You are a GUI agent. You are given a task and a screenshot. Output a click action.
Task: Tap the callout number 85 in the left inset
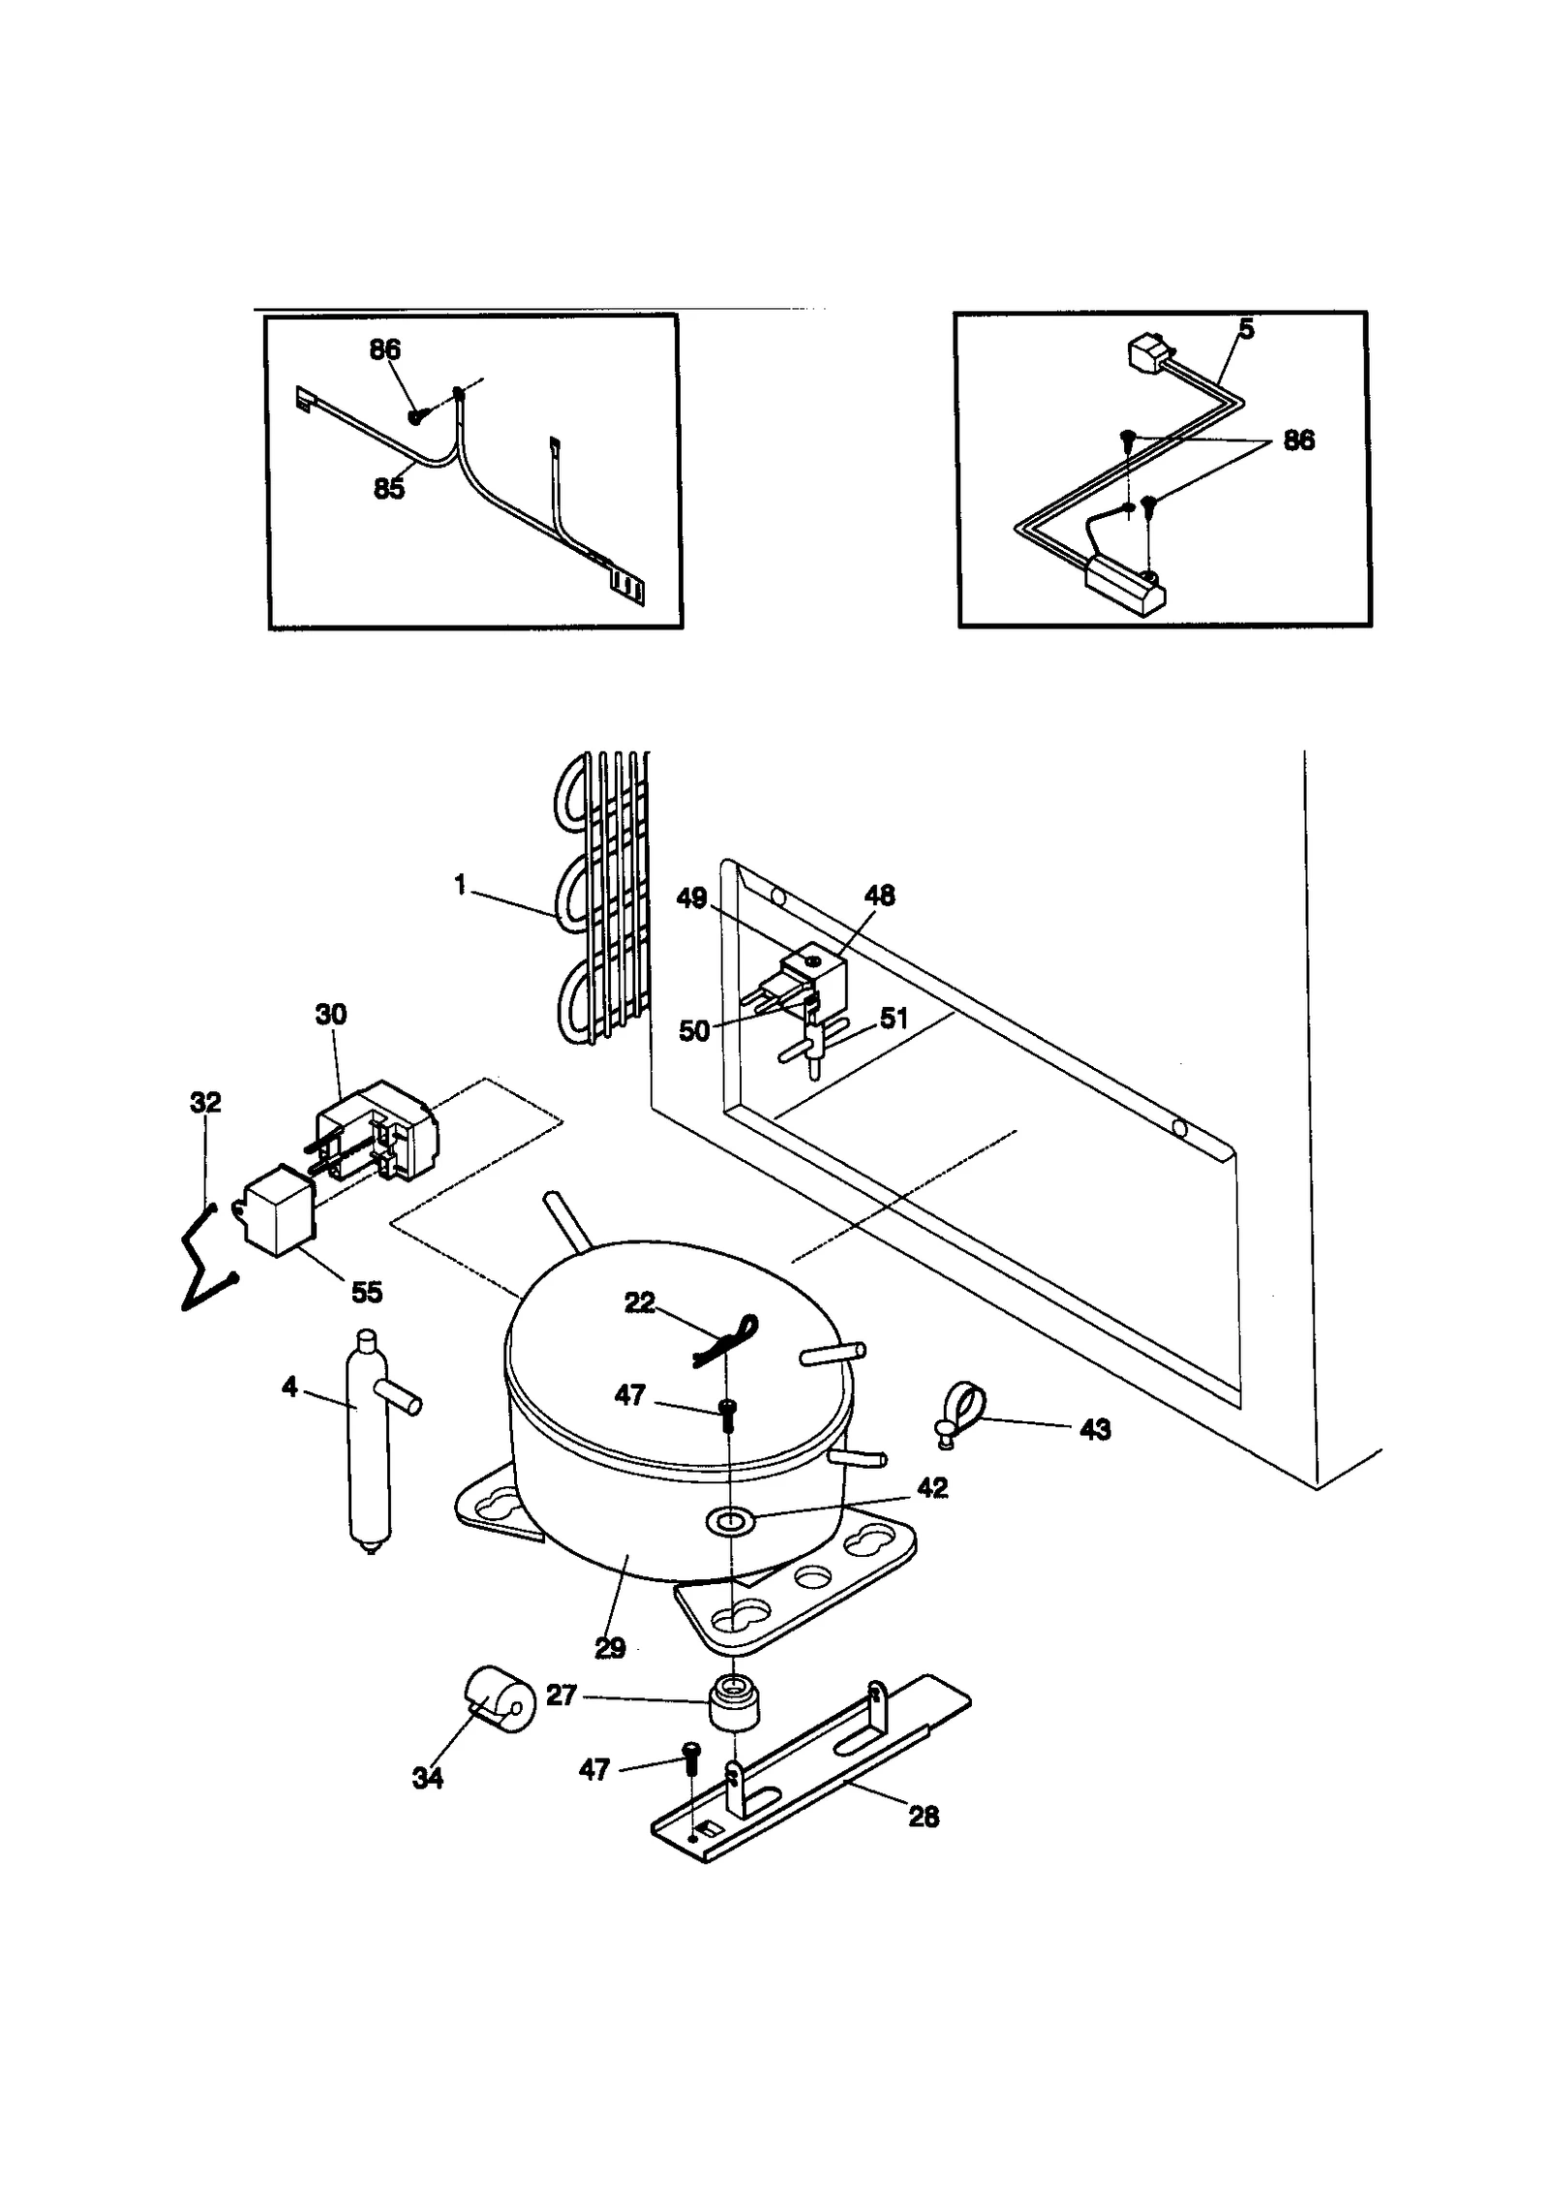(388, 489)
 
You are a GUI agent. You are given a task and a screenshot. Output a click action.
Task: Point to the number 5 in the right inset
(1246, 330)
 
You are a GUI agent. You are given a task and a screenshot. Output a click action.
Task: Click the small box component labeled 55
(276, 1207)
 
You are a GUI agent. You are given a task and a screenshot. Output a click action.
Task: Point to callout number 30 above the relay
(330, 1015)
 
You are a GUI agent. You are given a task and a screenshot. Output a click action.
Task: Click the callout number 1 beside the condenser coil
(461, 884)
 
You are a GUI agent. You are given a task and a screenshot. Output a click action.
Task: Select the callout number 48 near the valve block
(879, 896)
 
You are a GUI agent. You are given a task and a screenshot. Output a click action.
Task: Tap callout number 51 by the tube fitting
(894, 1019)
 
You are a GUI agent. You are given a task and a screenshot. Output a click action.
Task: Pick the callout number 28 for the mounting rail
(924, 1816)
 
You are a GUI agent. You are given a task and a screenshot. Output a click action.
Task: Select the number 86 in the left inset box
(385, 350)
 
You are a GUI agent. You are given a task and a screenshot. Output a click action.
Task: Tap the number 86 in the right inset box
(1298, 441)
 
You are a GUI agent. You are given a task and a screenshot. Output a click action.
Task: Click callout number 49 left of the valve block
(691, 899)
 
